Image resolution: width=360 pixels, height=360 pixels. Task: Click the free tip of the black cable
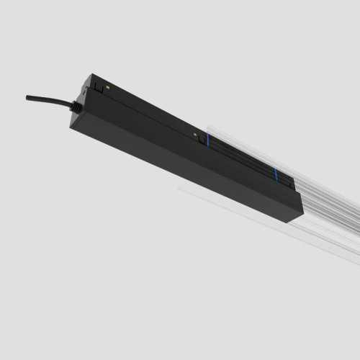[x=28, y=96]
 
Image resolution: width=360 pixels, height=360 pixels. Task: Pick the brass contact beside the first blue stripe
[x=194, y=132]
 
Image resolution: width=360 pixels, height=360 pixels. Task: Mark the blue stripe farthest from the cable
[x=274, y=175]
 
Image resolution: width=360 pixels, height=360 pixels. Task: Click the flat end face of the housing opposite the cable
[x=297, y=209]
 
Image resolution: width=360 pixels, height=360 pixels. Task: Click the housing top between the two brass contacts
[x=151, y=108]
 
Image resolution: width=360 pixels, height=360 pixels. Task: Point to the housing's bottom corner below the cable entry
[x=72, y=127]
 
